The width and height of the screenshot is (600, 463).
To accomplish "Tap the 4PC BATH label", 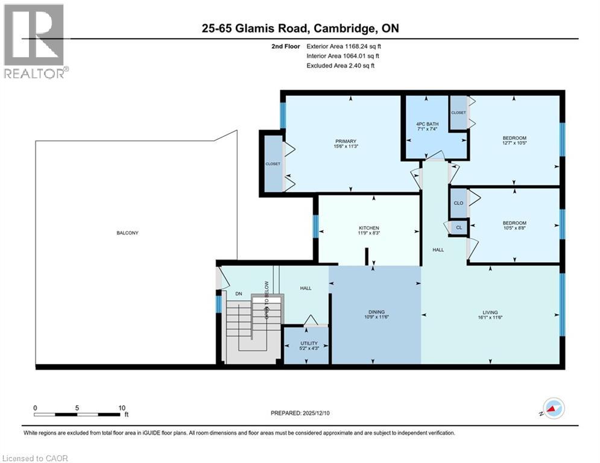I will tap(428, 125).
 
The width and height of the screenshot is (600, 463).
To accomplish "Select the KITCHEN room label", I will tap(368, 228).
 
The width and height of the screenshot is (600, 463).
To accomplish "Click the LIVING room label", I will tap(489, 312).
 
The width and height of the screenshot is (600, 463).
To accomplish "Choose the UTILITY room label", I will tap(309, 343).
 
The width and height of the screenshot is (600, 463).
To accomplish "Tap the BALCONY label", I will tap(127, 233).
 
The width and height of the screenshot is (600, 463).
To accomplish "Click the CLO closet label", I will tap(458, 203).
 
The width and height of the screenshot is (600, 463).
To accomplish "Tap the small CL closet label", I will tap(458, 227).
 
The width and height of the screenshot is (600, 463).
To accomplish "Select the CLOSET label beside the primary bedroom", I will tap(273, 163).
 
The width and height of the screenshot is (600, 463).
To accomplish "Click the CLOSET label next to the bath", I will tap(458, 113).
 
